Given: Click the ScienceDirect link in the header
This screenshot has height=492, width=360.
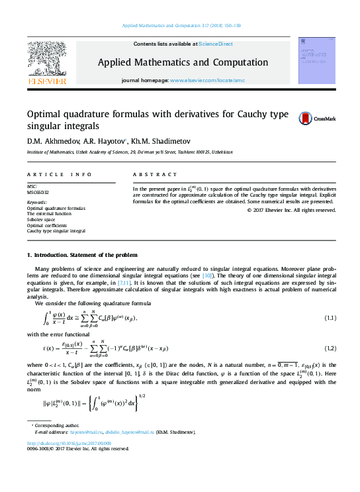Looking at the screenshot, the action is click(x=216, y=44).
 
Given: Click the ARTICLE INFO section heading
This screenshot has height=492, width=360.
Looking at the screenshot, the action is click(x=59, y=174).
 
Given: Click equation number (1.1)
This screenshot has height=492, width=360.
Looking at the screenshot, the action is click(x=330, y=319).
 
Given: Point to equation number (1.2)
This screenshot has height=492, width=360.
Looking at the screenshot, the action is click(x=330, y=348).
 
